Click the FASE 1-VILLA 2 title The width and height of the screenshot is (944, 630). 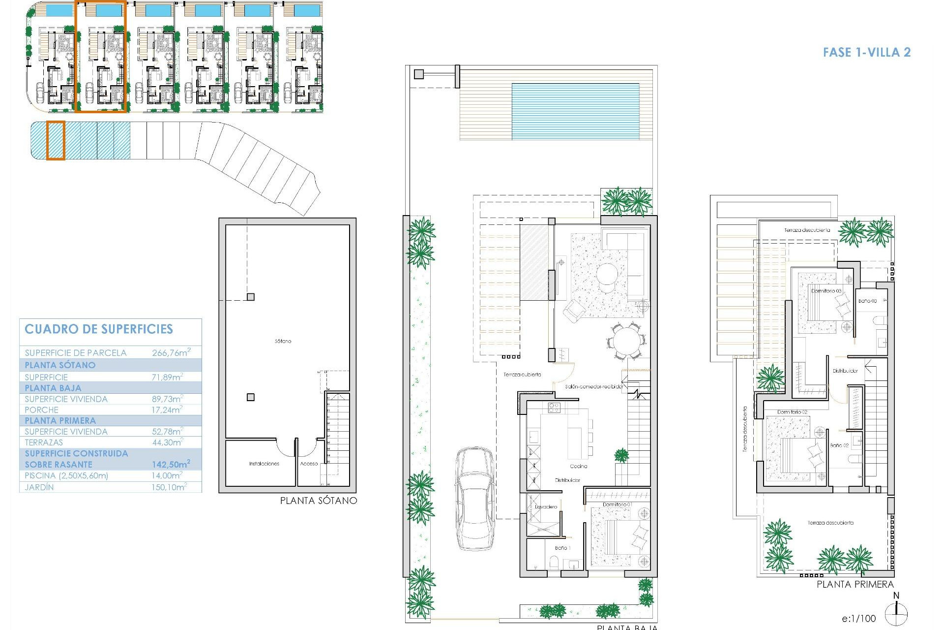pos(866,52)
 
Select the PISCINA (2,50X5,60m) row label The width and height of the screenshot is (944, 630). pos(66,475)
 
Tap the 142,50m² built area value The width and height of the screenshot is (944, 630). pos(171,464)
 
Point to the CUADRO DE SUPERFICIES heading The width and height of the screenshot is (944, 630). pos(99,329)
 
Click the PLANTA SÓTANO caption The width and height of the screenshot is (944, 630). pos(318,501)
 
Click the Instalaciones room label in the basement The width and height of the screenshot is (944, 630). pos(264,464)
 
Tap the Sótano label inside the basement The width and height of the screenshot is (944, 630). pos(283,341)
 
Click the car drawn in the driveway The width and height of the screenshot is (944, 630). pos(474,498)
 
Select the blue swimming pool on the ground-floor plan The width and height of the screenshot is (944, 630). pos(575,111)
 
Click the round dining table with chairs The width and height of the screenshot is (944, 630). pos(625,341)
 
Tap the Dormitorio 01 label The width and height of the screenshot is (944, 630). pos(618,504)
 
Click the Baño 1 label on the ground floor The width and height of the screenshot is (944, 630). pos(562,548)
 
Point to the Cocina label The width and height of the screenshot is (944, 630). pos(578,466)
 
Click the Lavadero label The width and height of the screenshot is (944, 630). pos(546,506)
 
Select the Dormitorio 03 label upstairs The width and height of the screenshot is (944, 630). pos(826,291)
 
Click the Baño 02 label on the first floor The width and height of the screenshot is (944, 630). pos(839,445)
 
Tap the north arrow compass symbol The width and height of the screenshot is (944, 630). pos(896,612)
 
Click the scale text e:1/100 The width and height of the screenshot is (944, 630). pos(858,618)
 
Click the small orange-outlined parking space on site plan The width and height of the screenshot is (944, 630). pos(56,141)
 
